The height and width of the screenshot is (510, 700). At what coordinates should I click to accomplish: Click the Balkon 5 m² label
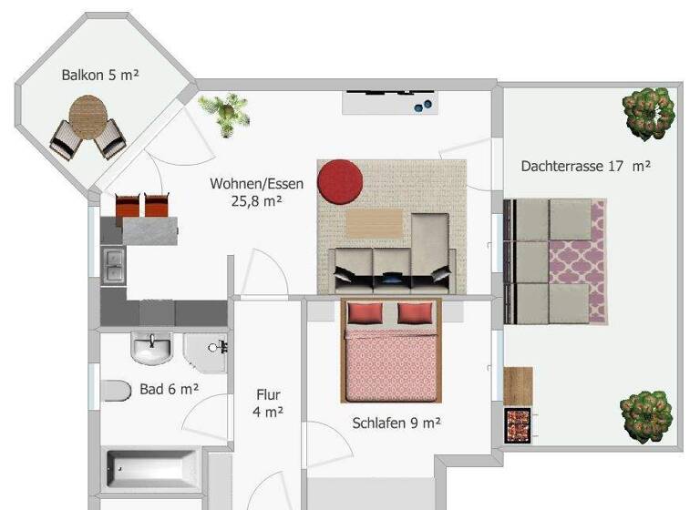tap(100, 76)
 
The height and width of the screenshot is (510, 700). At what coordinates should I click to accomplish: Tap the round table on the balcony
tap(88, 117)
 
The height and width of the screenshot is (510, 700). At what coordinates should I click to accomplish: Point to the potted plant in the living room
tap(224, 113)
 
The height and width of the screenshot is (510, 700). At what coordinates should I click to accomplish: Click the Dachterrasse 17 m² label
tap(585, 167)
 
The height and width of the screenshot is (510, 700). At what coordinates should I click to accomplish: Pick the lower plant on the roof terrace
tap(646, 416)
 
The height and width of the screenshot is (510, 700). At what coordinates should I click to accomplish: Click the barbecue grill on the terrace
tap(518, 425)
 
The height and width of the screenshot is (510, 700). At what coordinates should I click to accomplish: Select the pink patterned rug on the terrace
tap(597, 261)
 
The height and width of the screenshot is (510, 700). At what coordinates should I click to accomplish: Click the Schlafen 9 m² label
tap(396, 423)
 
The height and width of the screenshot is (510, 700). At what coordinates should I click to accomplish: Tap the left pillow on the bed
tap(365, 314)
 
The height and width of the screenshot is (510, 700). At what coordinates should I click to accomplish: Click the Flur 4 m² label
tap(268, 403)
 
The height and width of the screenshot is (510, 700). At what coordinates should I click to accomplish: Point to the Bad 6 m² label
tap(170, 390)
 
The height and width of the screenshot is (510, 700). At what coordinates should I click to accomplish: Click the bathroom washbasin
tap(151, 347)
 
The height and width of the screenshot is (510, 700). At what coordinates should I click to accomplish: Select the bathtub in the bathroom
tap(152, 468)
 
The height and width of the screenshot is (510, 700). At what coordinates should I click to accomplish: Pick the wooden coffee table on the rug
tap(375, 223)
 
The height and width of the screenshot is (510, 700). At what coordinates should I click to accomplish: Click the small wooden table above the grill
tap(518, 384)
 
